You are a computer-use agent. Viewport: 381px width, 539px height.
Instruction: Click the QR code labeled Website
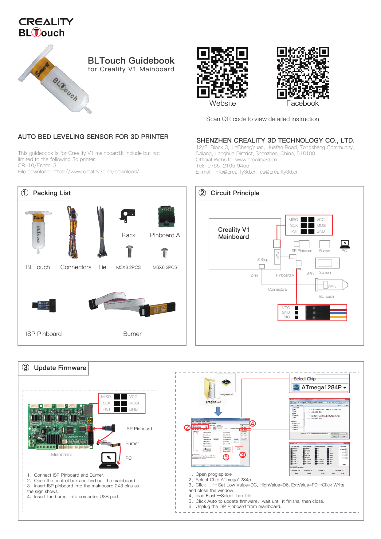coord(222,73)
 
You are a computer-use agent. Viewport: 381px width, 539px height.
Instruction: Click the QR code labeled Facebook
coord(303,73)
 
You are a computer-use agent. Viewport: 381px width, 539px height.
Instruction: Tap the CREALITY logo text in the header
coord(46,22)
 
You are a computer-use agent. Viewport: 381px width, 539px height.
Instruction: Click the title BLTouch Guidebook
coord(131,61)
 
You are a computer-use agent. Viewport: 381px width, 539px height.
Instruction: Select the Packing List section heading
coord(52,193)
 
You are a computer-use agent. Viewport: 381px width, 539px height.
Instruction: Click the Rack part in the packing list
coord(127,215)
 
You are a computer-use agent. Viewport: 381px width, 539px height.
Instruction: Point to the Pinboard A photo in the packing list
coord(166,217)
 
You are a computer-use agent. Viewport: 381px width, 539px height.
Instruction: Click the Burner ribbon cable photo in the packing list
coord(132,304)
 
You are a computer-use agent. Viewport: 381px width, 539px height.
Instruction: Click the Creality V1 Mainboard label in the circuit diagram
coord(234,233)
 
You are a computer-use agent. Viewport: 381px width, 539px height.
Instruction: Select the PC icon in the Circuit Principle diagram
coord(345,244)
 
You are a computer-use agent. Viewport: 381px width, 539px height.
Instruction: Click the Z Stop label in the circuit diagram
coord(263,260)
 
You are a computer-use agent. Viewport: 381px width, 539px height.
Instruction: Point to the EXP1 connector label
coord(277,256)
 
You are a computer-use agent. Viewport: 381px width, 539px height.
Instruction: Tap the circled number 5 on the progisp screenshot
coord(226,457)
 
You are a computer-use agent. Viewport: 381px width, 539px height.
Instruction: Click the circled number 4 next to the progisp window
coord(253,423)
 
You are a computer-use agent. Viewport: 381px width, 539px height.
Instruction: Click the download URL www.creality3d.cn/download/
coord(96,171)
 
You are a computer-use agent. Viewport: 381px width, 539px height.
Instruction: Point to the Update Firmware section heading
coord(60,368)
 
